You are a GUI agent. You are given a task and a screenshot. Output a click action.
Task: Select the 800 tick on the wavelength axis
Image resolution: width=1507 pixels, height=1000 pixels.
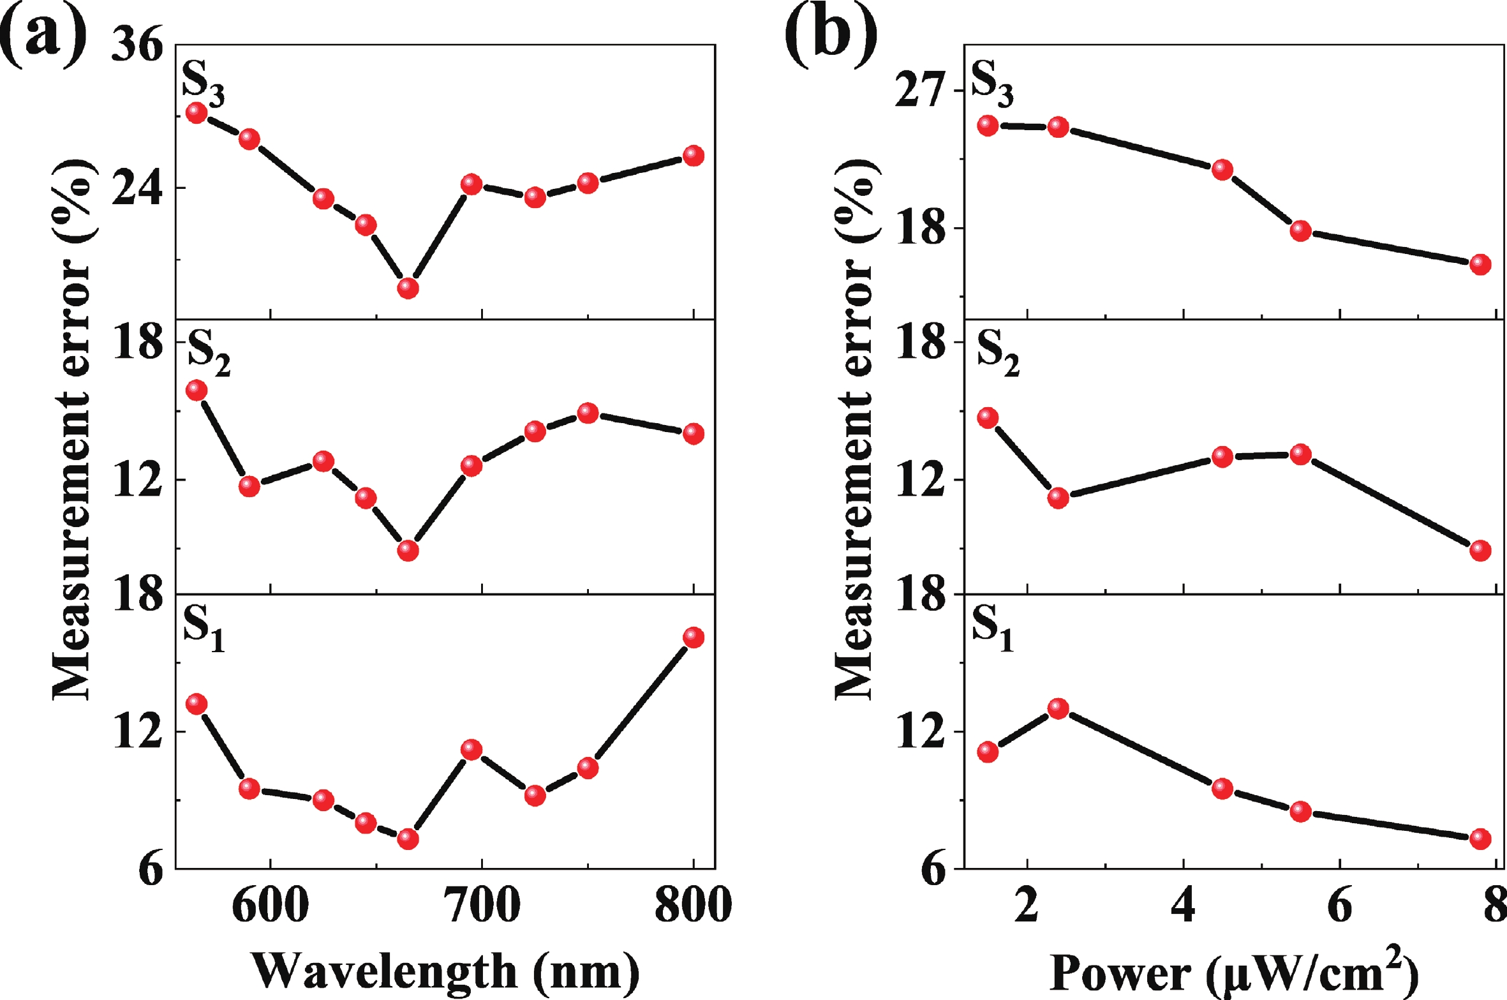pyautogui.click(x=694, y=905)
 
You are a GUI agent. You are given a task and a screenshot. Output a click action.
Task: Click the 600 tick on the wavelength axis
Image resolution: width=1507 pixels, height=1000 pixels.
pyautogui.click(x=271, y=905)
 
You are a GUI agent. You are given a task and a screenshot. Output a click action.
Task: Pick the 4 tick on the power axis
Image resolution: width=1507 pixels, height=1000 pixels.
pyautogui.click(x=1184, y=905)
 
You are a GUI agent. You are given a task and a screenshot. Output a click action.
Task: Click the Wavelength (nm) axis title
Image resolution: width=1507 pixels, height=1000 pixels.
pyautogui.click(x=445, y=971)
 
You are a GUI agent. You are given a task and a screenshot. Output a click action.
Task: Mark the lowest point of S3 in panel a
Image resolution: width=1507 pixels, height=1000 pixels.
pyautogui.click(x=408, y=288)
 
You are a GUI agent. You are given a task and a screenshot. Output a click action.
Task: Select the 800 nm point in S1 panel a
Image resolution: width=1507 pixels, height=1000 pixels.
pyautogui.click(x=694, y=638)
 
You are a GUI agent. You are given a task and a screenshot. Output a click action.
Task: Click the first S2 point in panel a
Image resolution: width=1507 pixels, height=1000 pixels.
pyautogui.click(x=196, y=391)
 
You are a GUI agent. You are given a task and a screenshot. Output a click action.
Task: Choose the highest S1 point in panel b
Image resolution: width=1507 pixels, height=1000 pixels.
pyautogui.click(x=1058, y=708)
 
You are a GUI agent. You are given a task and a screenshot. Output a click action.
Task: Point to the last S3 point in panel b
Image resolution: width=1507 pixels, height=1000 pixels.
pyautogui.click(x=1480, y=264)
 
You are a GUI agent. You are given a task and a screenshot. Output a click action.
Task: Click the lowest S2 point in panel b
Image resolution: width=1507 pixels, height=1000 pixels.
pyautogui.click(x=1480, y=551)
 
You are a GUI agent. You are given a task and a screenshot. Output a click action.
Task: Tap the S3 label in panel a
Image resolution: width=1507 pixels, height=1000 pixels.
pyautogui.click(x=203, y=84)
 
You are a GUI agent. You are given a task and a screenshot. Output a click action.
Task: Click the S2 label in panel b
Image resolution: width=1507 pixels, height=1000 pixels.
pyautogui.click(x=998, y=353)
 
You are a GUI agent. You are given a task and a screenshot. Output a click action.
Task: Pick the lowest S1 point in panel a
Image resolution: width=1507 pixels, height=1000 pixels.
pyautogui.click(x=408, y=839)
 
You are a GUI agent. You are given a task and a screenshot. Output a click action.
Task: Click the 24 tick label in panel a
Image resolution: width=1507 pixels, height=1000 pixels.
pyautogui.click(x=137, y=188)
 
